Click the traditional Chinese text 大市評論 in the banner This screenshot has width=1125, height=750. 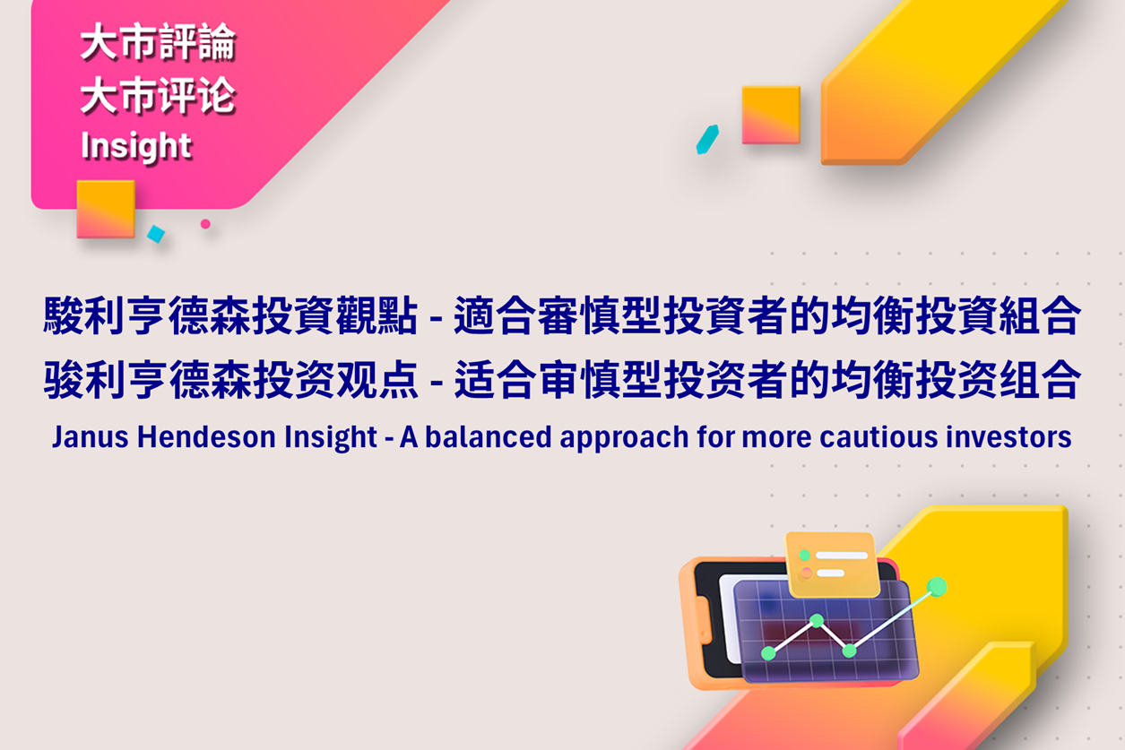pos(158,42)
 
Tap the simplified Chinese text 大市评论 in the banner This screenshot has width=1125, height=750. pos(158,95)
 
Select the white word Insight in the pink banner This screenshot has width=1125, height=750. pos(136,147)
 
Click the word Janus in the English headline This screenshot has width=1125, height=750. pos(91,436)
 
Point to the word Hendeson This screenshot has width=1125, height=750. pos(206,436)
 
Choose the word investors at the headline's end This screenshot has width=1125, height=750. pos(1008,436)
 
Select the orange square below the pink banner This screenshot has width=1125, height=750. pos(106,209)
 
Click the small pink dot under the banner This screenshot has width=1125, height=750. pos(205,224)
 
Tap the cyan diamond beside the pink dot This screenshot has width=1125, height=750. pos(156,234)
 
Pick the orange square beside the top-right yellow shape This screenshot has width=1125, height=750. pos(771,115)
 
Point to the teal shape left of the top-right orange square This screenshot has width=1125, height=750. pos(707,140)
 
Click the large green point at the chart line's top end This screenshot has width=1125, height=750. pos(937,587)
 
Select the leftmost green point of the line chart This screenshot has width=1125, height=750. pos(768,653)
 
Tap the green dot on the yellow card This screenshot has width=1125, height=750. pos(805,555)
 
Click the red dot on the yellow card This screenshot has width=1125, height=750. pos(807,573)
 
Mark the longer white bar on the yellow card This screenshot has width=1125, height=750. pos(842,556)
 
